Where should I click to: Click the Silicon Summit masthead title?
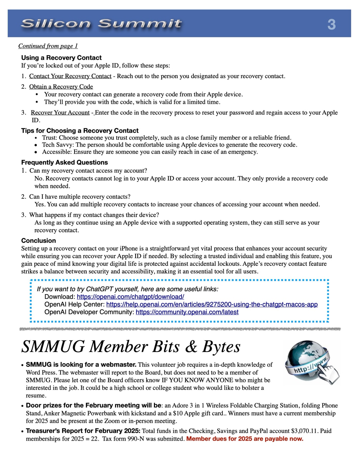pyautogui.click(x=101, y=24)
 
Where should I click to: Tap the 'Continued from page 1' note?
pyautogui.click(x=48, y=46)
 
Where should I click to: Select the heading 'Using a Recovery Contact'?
pyautogui.click(x=61, y=58)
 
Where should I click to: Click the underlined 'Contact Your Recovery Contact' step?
pyautogui.click(x=70, y=76)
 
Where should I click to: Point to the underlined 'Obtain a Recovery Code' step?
pyautogui.click(x=61, y=87)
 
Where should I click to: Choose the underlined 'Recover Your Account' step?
pyautogui.click(x=60, y=113)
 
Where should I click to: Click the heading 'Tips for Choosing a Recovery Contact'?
pyautogui.click(x=80, y=131)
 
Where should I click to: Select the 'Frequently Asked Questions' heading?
pyautogui.click(x=64, y=163)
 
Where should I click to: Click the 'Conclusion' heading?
pyautogui.click(x=39, y=241)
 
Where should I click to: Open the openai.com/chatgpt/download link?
pyautogui.click(x=130, y=296)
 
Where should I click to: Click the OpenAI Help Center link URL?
pyautogui.click(x=212, y=304)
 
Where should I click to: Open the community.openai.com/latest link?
pyautogui.click(x=187, y=312)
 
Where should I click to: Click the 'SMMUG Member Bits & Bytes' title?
pyautogui.click(x=131, y=347)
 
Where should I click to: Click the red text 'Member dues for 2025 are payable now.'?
pyautogui.click(x=245, y=439)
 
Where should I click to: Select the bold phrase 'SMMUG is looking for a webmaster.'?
pyautogui.click(x=81, y=365)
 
